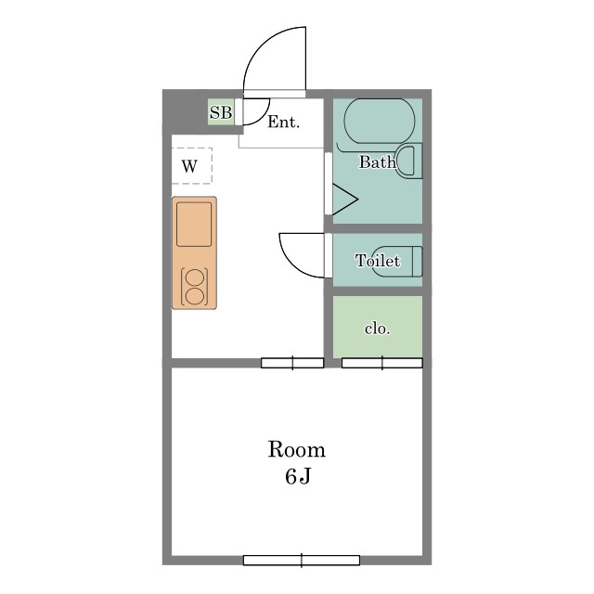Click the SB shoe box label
[x=221, y=112]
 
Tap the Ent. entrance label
[x=284, y=122]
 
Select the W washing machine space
[x=192, y=166]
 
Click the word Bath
[x=378, y=162]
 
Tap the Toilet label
[x=378, y=261]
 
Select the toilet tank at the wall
[x=417, y=261]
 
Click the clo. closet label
[x=378, y=329]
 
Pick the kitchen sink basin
[x=194, y=225]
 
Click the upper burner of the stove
[x=195, y=278]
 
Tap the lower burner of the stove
[x=195, y=296]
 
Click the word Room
[x=297, y=449]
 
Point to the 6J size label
[x=298, y=476]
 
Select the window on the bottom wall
[x=301, y=561]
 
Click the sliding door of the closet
[x=381, y=363]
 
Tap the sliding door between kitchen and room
[x=292, y=363]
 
